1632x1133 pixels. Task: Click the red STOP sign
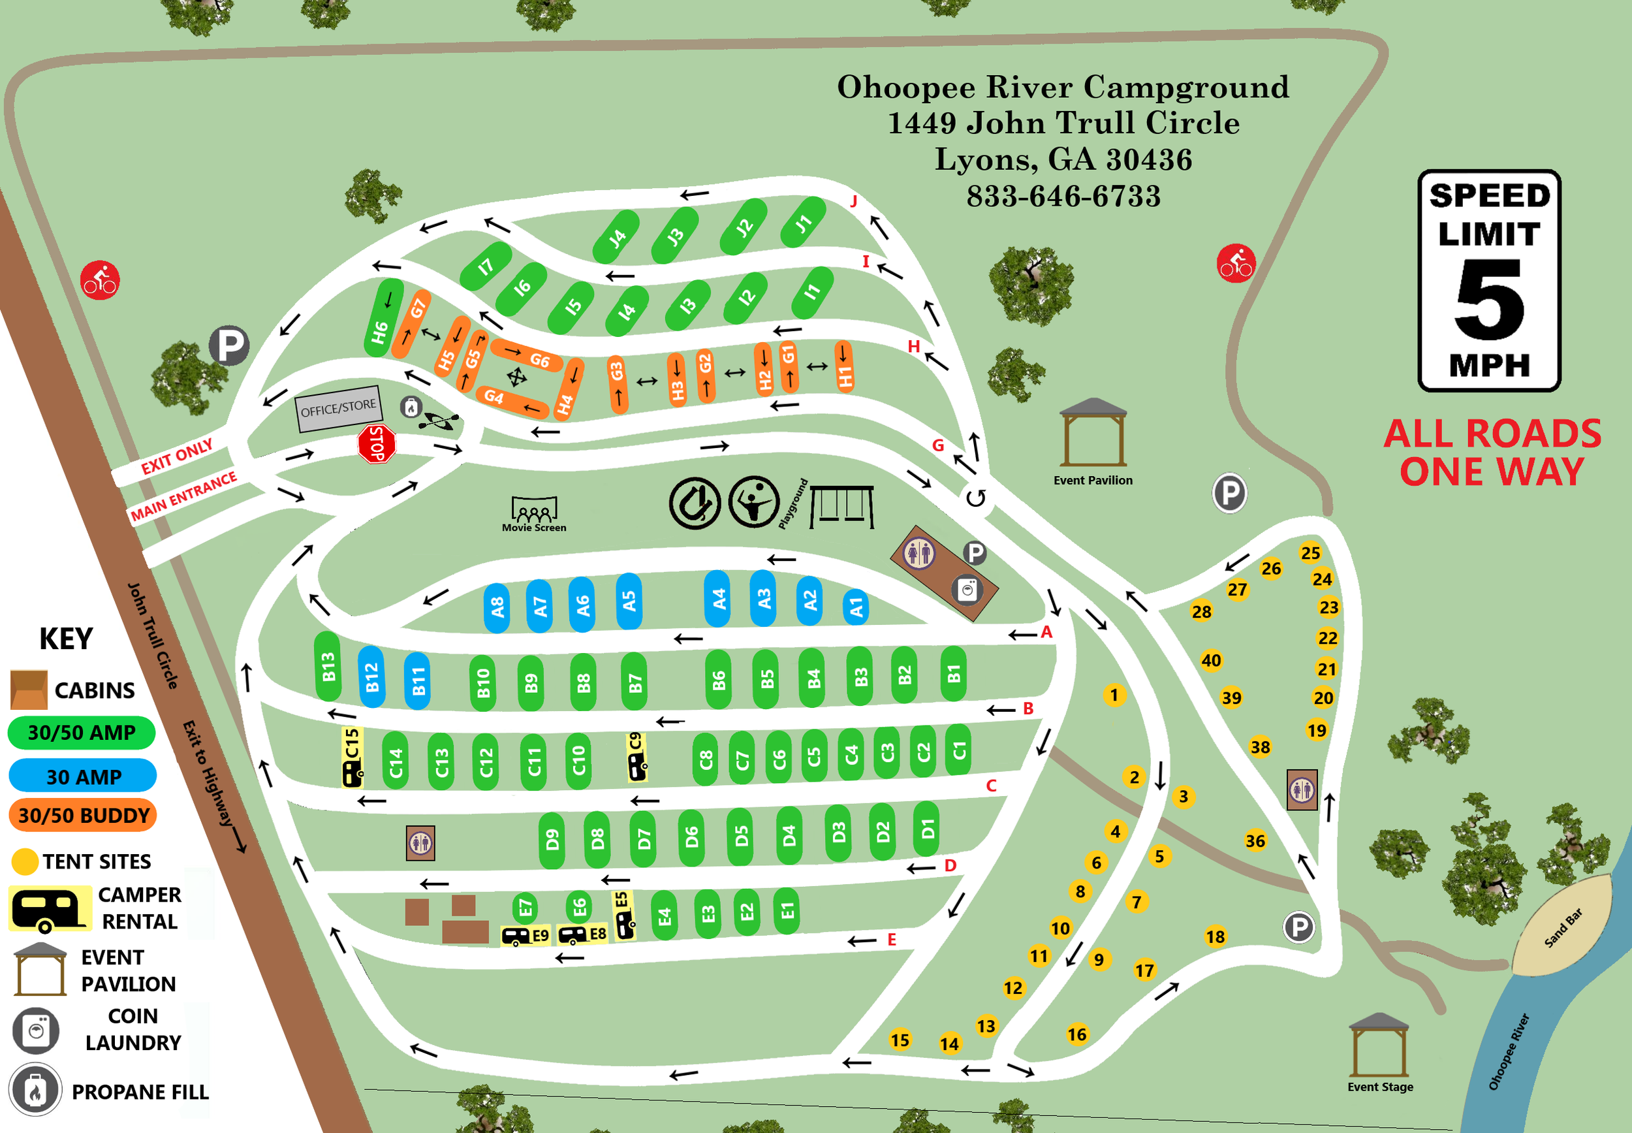tap(377, 445)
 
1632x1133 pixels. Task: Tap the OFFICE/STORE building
tap(338, 408)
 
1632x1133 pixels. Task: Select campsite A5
tap(629, 601)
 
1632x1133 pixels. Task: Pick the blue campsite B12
tap(372, 677)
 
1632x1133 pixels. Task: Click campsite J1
tap(802, 223)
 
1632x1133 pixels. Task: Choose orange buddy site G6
tap(528, 355)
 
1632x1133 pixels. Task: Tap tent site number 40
tap(1211, 660)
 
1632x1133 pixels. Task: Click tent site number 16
tap(1077, 1034)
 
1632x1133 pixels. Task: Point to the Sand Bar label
tap(1563, 928)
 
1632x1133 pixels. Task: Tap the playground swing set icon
tap(841, 506)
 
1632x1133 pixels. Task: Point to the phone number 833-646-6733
tap(1063, 196)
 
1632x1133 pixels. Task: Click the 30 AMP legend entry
tap(82, 776)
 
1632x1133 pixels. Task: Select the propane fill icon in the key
tap(35, 1090)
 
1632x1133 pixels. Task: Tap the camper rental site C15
tap(353, 757)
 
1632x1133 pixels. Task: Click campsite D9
tap(552, 840)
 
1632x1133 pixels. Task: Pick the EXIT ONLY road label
tap(177, 456)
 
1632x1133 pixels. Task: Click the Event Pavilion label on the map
tap(1093, 481)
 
